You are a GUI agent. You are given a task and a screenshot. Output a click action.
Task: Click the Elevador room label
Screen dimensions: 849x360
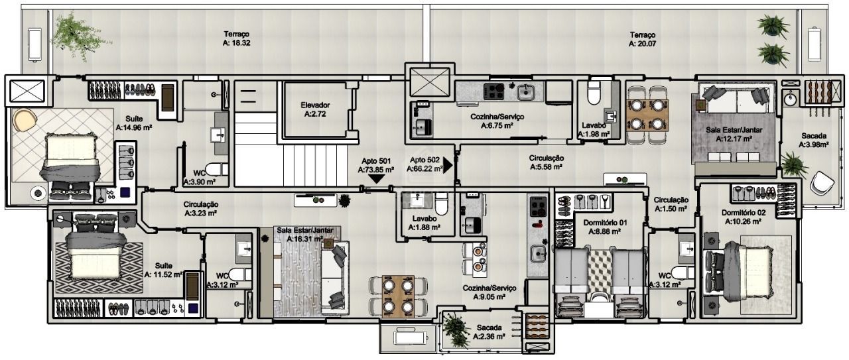click(315, 109)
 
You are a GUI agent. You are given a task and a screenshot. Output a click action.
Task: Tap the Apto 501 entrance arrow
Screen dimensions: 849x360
click(376, 179)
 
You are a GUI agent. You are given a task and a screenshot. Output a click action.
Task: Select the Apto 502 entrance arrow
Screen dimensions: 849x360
click(448, 165)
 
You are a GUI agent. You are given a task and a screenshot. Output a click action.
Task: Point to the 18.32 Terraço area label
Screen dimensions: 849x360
click(237, 38)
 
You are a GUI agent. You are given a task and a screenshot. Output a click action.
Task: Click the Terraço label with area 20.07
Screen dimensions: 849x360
click(643, 39)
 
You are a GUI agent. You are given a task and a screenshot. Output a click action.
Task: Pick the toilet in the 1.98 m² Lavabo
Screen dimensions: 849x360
click(594, 92)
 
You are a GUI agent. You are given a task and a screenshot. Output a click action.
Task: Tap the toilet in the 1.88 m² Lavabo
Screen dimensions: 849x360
click(442, 204)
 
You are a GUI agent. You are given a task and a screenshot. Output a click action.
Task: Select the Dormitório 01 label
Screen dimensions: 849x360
click(605, 227)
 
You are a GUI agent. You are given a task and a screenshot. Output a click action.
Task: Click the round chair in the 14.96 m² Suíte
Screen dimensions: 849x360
click(25, 120)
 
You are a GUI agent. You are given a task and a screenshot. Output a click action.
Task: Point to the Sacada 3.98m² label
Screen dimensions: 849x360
click(814, 140)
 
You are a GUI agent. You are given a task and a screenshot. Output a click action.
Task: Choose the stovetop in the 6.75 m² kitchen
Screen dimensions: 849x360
click(494, 91)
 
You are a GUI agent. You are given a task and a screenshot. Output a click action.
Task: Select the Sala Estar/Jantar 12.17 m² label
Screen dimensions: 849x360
click(734, 135)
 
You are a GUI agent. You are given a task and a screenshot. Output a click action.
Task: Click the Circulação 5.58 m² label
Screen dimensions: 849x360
click(546, 162)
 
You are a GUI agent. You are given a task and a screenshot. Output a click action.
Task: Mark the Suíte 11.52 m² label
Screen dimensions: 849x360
click(163, 270)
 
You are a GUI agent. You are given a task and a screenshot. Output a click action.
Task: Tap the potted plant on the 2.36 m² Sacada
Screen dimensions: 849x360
click(456, 330)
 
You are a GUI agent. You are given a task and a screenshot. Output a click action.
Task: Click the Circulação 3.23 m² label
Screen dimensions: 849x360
click(200, 209)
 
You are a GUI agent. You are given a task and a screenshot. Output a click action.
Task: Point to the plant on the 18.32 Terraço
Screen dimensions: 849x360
click(78, 36)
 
